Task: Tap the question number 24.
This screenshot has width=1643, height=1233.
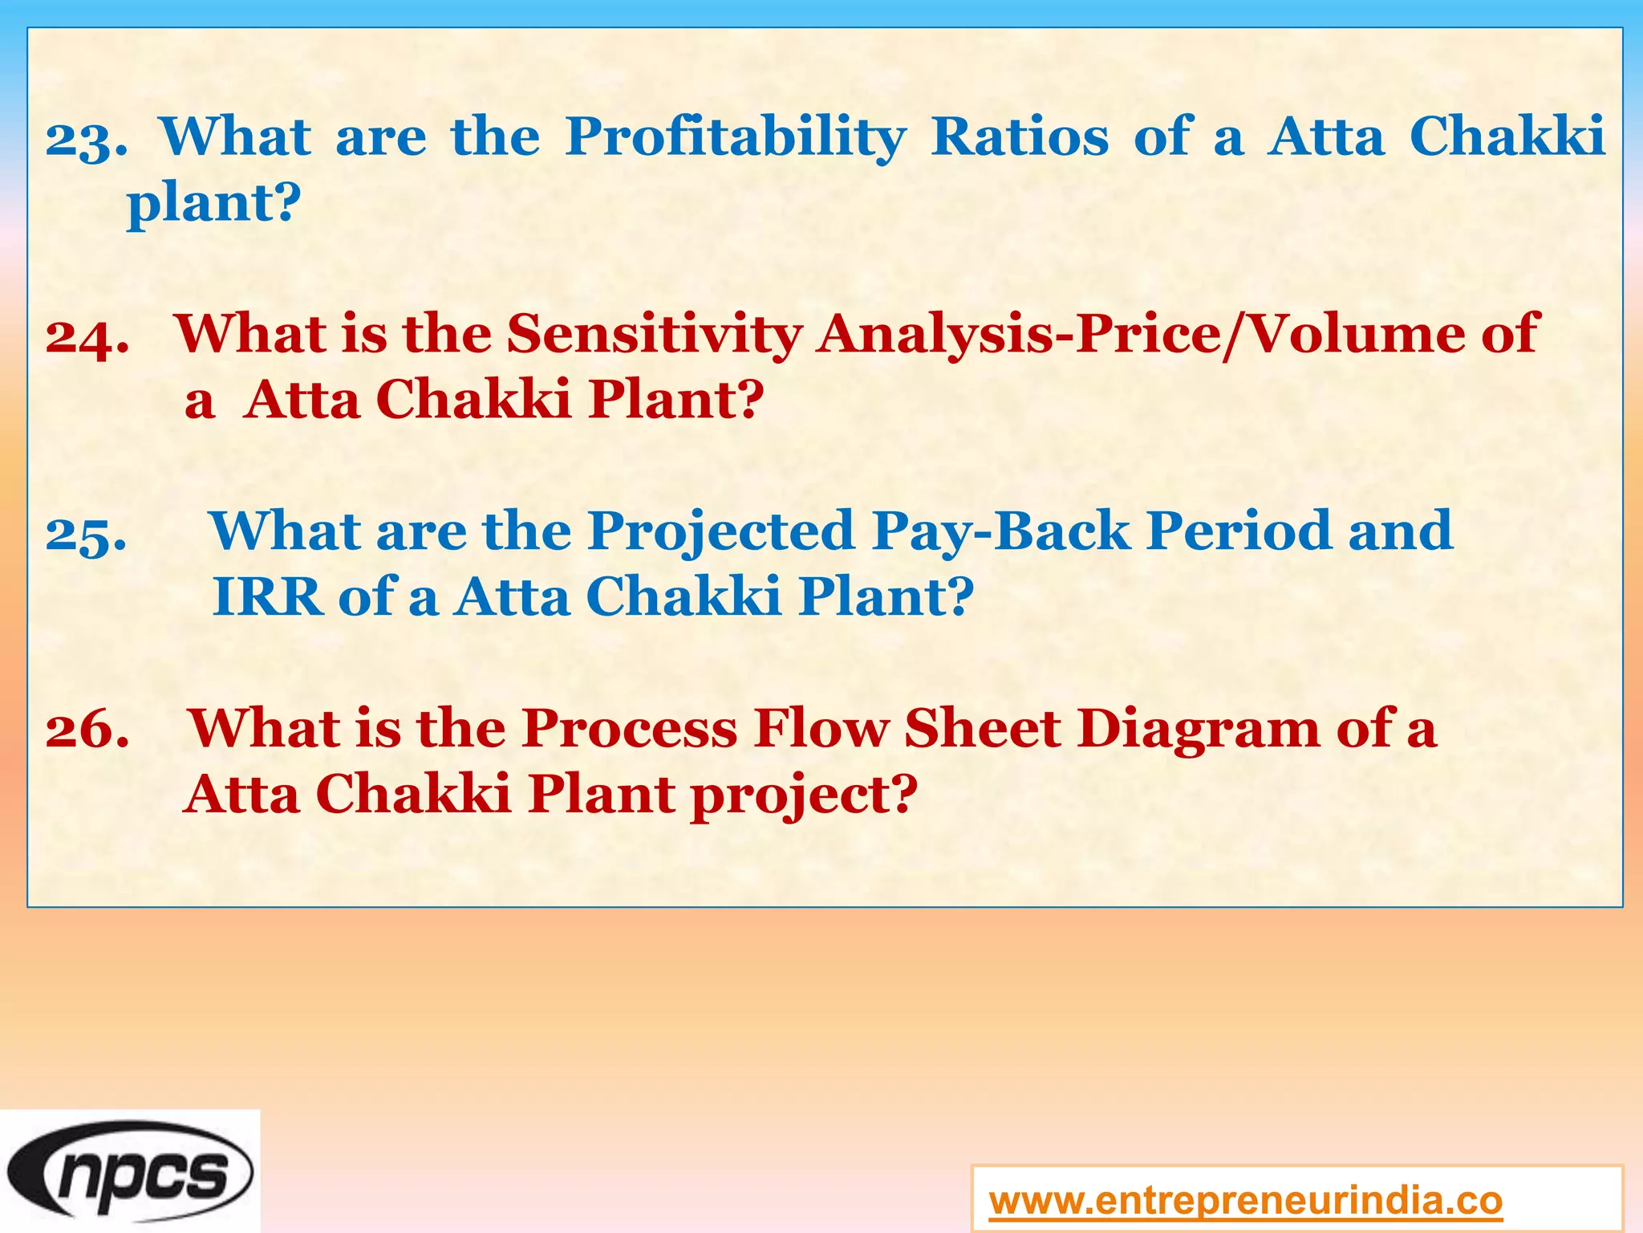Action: point(87,336)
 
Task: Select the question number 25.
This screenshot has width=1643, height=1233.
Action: point(86,534)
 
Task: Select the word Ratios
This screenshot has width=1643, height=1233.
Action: point(1020,136)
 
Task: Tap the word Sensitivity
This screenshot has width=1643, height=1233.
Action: point(654,334)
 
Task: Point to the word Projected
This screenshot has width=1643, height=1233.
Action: point(720,532)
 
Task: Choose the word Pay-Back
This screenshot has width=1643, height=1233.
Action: point(1001,532)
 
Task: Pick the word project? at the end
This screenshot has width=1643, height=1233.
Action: point(803,796)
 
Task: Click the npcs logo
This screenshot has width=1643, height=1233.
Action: point(131,1171)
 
